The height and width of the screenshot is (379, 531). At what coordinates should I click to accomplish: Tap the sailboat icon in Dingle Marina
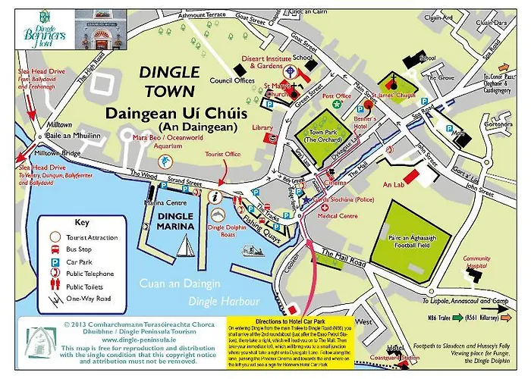(x=184, y=246)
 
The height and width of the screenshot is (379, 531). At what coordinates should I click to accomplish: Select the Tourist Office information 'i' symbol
(x=216, y=196)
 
